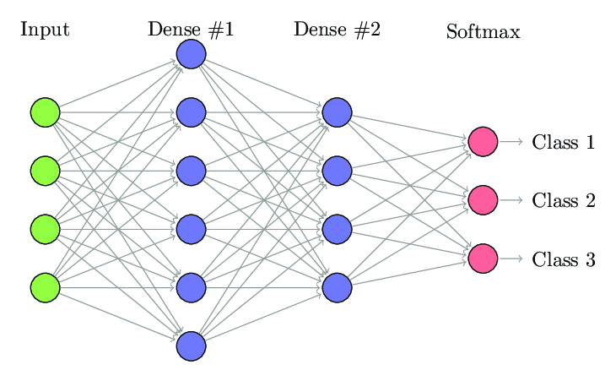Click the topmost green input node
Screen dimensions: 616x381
point(46,112)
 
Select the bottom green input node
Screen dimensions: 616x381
point(46,288)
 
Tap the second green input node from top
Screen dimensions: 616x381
point(46,171)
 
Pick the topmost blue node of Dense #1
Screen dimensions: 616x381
point(192,54)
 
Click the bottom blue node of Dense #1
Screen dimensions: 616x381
point(192,346)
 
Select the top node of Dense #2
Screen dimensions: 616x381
point(337,112)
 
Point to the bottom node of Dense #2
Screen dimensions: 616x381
point(337,288)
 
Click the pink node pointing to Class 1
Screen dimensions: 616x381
point(484,142)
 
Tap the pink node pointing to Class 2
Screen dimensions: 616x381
point(484,200)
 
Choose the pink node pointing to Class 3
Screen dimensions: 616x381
point(484,259)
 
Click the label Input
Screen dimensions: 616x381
point(45,30)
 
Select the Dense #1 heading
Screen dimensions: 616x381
point(191,30)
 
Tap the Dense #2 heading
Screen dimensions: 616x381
point(337,30)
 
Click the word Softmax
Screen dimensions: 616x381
point(484,31)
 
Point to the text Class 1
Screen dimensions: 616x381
point(564,142)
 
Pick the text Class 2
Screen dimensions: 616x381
point(564,200)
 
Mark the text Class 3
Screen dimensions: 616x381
point(564,259)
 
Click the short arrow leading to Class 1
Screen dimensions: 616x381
point(511,142)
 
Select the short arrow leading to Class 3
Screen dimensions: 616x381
point(511,259)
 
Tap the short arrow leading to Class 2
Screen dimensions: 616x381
point(511,200)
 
